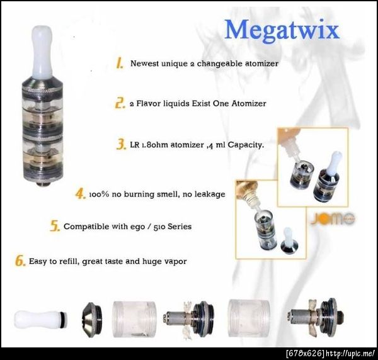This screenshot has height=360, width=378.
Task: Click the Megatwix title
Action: pyautogui.click(x=282, y=31)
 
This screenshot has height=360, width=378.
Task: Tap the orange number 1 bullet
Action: pyautogui.click(x=120, y=63)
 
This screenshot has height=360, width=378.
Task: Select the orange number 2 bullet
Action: pyautogui.click(x=120, y=103)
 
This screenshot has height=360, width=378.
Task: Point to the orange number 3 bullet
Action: pyautogui.click(x=121, y=144)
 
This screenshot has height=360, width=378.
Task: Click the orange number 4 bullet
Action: pyautogui.click(x=81, y=194)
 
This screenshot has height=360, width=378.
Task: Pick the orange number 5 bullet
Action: pyautogui.click(x=55, y=226)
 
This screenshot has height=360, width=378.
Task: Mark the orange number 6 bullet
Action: pyautogui.click(x=20, y=261)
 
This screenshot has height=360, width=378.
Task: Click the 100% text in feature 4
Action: pyautogui.click(x=99, y=194)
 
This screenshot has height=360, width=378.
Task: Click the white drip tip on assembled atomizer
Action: pyautogui.click(x=42, y=52)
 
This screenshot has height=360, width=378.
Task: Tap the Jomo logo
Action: pyautogui.click(x=333, y=218)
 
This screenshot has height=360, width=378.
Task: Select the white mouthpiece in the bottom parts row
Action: pyautogui.click(x=40, y=319)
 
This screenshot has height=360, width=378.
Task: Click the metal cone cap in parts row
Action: pyautogui.click(x=91, y=320)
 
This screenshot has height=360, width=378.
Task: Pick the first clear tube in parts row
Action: pyautogui.click(x=135, y=319)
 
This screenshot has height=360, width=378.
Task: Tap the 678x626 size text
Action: pyautogui.click(x=305, y=354)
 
